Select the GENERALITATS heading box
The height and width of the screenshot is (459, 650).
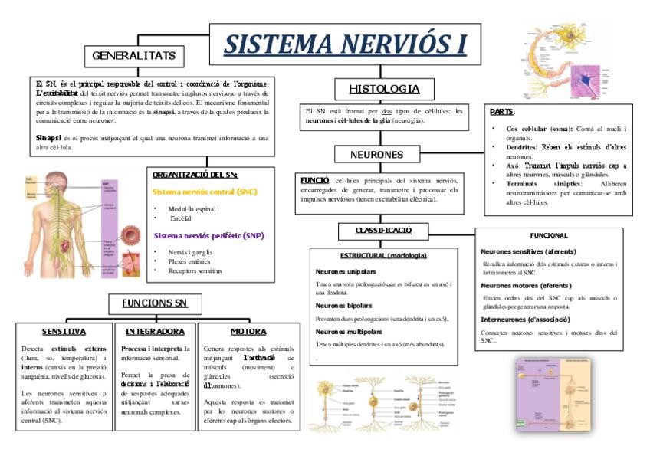pyautogui.click(x=134, y=56)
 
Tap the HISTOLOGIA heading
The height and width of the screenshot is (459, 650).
pyautogui.click(x=384, y=88)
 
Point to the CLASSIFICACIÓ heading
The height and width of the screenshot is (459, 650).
pyautogui.click(x=382, y=230)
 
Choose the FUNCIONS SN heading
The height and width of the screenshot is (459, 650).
pyautogui.click(x=155, y=303)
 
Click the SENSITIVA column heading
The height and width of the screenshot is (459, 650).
pyautogui.click(x=64, y=332)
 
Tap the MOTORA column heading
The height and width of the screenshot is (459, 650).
pyautogui.click(x=248, y=332)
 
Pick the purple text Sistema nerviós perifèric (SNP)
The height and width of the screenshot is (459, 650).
pyautogui.click(x=208, y=235)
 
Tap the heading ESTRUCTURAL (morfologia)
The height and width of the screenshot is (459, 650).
pyautogui.click(x=382, y=254)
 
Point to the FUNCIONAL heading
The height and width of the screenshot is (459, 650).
pyautogui.click(x=548, y=235)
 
